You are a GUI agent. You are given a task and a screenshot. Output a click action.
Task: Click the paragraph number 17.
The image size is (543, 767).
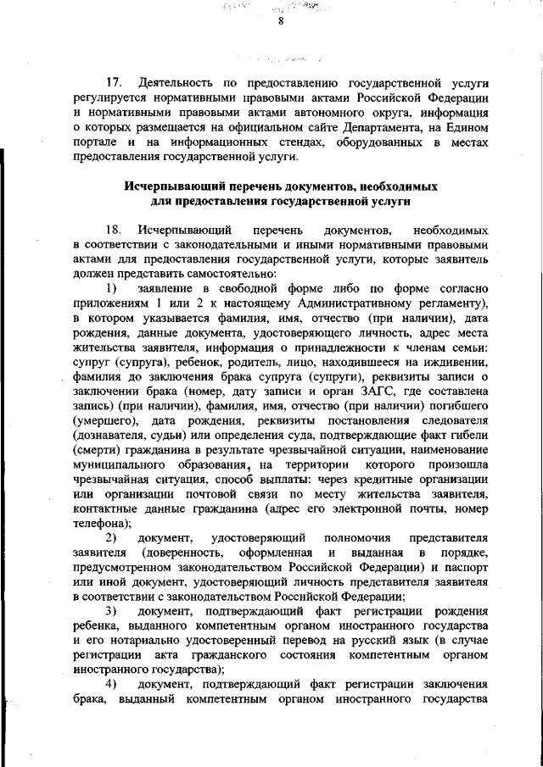[x=113, y=84]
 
